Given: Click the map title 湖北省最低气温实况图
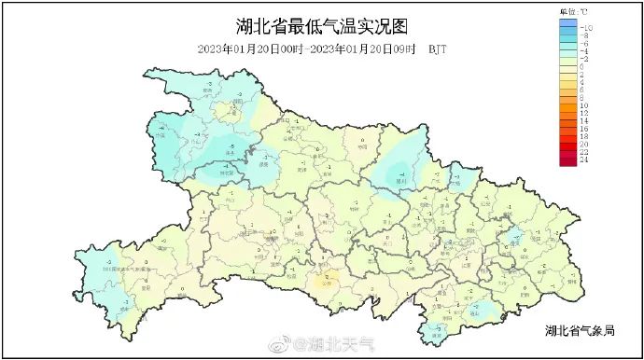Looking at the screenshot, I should tap(322, 25).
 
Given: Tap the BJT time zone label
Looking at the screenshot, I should tap(437, 48).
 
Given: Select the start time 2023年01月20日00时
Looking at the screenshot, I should tap(252, 48).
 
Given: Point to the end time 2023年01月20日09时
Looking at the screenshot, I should tap(363, 48).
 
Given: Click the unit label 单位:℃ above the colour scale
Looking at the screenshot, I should tap(573, 10).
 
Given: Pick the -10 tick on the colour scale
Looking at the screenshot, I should tap(586, 28).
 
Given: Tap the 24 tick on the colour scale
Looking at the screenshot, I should tap(584, 159).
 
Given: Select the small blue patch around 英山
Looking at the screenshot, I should tap(513, 235).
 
